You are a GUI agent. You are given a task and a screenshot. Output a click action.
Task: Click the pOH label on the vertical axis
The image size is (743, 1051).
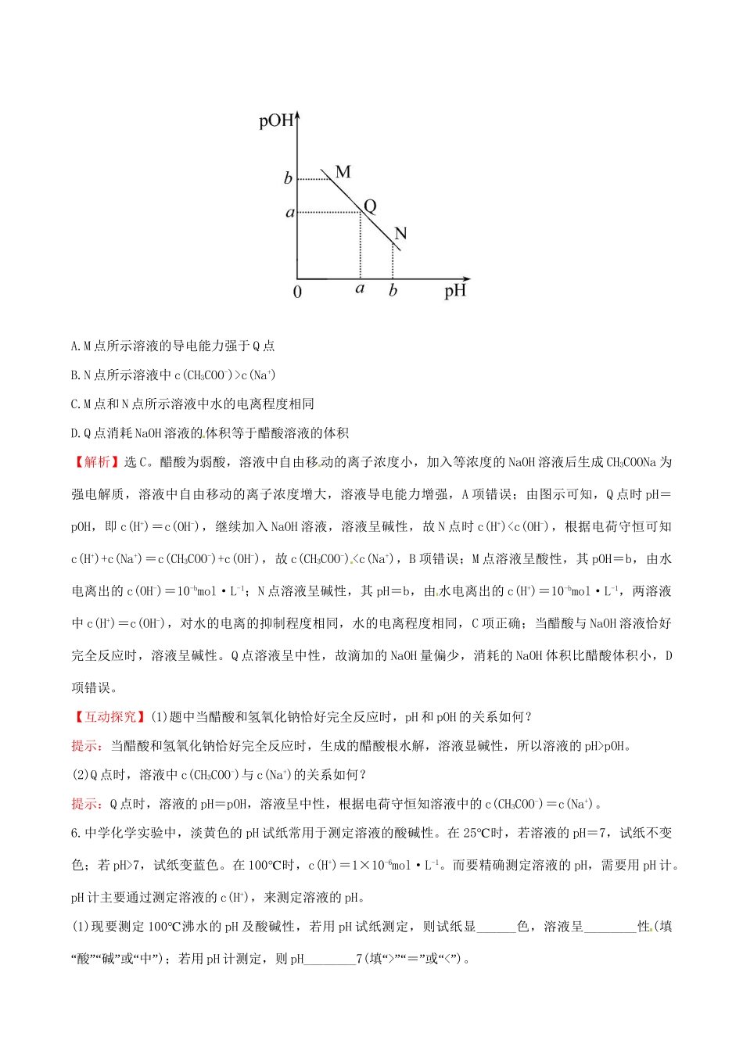point(275,120)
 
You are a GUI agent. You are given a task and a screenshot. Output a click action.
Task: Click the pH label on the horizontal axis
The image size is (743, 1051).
point(455,291)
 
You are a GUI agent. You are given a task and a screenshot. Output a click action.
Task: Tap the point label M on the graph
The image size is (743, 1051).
point(343,171)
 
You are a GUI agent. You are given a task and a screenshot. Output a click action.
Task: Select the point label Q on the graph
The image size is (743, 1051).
point(370,206)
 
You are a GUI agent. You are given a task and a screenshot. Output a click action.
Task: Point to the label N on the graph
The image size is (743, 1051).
point(400,233)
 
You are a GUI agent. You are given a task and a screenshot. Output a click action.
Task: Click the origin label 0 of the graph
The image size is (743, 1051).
point(297,292)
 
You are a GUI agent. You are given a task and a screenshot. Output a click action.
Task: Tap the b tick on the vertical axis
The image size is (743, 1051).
point(288,178)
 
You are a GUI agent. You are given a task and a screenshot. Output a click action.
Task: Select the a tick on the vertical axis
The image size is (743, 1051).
point(289,212)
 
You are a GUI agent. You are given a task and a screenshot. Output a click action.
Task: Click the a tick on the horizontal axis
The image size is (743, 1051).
point(360,289)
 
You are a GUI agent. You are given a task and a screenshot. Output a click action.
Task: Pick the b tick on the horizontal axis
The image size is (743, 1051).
point(393,290)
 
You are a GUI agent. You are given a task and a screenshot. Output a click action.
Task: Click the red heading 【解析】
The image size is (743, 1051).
point(96,462)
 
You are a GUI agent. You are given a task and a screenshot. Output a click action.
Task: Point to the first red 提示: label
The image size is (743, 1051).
point(87,746)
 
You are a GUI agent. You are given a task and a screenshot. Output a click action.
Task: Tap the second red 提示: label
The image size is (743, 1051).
point(87,804)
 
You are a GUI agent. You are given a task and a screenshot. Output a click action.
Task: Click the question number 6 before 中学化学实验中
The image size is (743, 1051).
point(75,833)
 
